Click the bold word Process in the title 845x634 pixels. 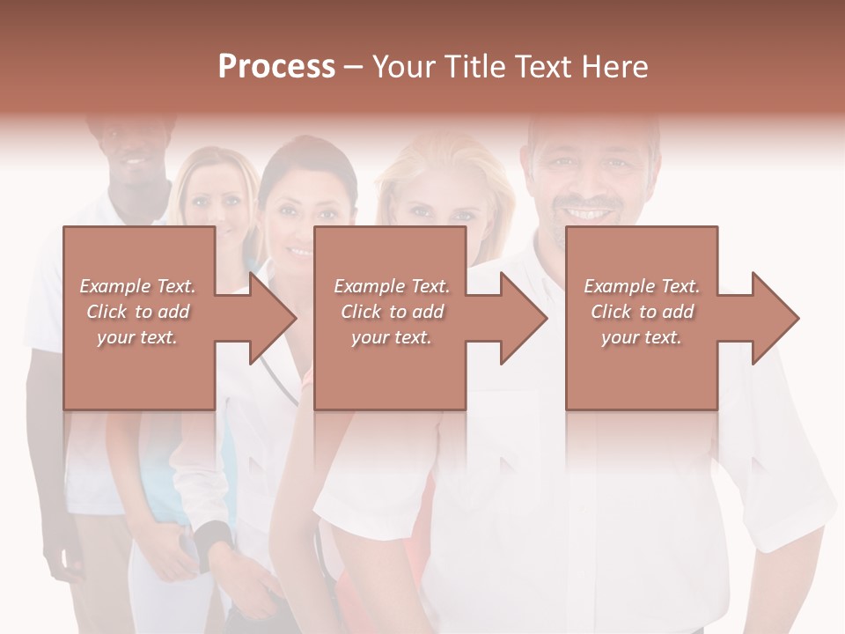[276, 67]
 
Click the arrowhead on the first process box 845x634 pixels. [273, 318]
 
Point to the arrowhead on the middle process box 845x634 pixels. [524, 318]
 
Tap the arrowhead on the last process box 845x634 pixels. [775, 318]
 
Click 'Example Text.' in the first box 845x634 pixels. [137, 286]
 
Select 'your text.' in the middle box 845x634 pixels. [391, 337]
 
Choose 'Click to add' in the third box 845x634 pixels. [642, 312]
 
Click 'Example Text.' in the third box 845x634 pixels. [642, 286]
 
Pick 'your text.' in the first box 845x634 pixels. [137, 337]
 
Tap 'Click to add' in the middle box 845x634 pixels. [391, 312]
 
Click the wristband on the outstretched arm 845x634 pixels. [214, 537]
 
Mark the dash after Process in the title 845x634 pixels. [354, 67]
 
